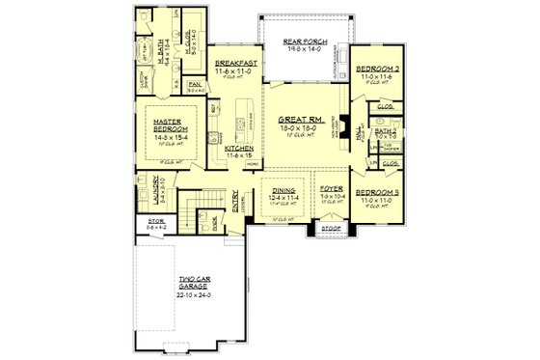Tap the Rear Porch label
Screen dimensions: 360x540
coord(305,42)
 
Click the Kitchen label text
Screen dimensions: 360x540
coord(239,149)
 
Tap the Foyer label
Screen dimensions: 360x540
coord(332,191)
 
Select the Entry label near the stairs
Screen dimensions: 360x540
coord(236,200)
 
